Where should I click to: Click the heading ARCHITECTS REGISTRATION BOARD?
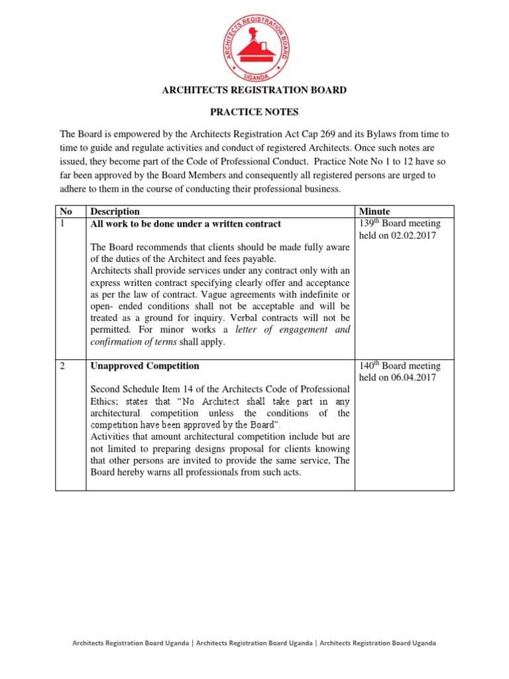[x=254, y=90]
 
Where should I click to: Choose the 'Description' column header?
[x=115, y=212]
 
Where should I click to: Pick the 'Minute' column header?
[x=374, y=212]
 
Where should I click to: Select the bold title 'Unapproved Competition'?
[x=144, y=366]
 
